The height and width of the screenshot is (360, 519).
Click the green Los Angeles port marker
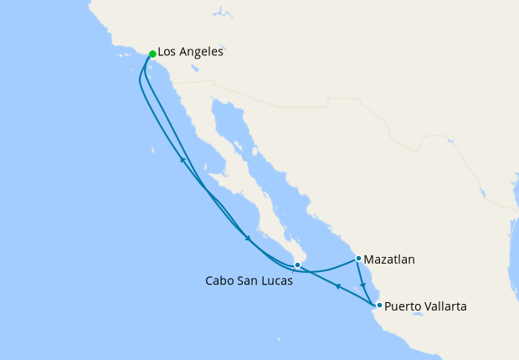pyautogui.click(x=152, y=54)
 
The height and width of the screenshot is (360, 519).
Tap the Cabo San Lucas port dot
pyautogui.click(x=297, y=265)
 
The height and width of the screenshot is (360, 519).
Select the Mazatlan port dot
pyautogui.click(x=358, y=258)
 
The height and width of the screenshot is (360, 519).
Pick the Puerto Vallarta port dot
pyautogui.click(x=379, y=305)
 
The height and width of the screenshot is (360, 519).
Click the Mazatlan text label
pyautogui.click(x=389, y=260)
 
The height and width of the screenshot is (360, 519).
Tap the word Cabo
pyautogui.click(x=221, y=281)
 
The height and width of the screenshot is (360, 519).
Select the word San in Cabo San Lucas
pyautogui.click(x=250, y=281)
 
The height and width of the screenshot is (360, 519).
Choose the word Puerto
pyautogui.click(x=403, y=306)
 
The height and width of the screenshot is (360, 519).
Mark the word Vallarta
pyautogui.click(x=444, y=306)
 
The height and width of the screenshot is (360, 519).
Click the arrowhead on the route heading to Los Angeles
pyautogui.click(x=182, y=161)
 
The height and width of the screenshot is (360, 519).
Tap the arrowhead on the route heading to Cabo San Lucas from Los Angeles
pyautogui.click(x=248, y=239)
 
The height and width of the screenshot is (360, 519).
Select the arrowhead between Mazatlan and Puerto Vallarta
pyautogui.click(x=362, y=284)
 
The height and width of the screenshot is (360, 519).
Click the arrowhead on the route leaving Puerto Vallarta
pyautogui.click(x=337, y=287)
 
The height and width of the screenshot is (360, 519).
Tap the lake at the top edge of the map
pyautogui.click(x=221, y=13)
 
